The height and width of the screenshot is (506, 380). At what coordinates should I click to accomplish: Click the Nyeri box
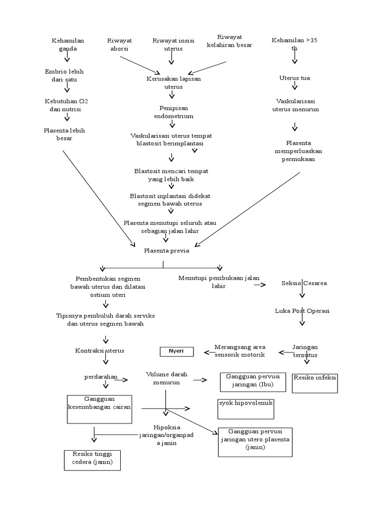[176, 351]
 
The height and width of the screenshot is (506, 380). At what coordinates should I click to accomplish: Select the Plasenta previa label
[167, 251]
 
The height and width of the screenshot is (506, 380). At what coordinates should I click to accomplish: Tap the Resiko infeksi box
[315, 382]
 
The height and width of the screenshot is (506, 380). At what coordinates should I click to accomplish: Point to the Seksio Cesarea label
[304, 283]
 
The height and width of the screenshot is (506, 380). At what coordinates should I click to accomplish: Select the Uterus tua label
[295, 78]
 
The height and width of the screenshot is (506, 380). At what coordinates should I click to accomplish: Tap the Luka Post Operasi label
[302, 311]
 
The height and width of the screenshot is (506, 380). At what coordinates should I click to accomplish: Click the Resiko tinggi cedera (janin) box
[93, 460]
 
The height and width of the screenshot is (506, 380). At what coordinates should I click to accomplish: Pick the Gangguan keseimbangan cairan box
[99, 409]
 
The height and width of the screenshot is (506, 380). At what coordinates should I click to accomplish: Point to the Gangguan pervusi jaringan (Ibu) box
[253, 382]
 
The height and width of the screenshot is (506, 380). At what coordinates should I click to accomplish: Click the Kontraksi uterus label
[99, 350]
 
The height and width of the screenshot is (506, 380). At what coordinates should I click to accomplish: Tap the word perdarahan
[100, 377]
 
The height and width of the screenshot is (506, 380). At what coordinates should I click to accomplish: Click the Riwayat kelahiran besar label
[229, 41]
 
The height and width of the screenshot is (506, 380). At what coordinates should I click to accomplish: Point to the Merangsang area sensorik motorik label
[240, 351]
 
